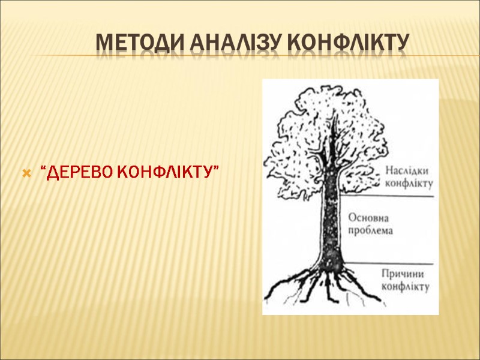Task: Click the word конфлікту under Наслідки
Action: [409, 182]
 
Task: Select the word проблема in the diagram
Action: [371, 231]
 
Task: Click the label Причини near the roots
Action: [406, 274]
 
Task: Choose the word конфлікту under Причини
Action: [406, 287]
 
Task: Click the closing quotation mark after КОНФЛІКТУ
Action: [215, 169]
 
